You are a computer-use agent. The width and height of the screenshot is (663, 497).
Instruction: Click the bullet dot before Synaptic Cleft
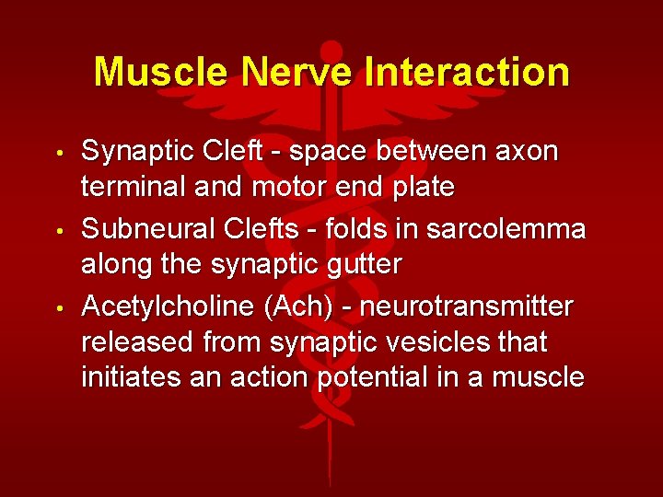click(60, 151)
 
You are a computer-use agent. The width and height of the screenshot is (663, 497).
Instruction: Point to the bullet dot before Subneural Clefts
click(60, 229)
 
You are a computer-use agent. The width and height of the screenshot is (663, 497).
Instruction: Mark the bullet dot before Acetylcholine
click(60, 307)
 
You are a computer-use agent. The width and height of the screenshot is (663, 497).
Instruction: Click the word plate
click(420, 188)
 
